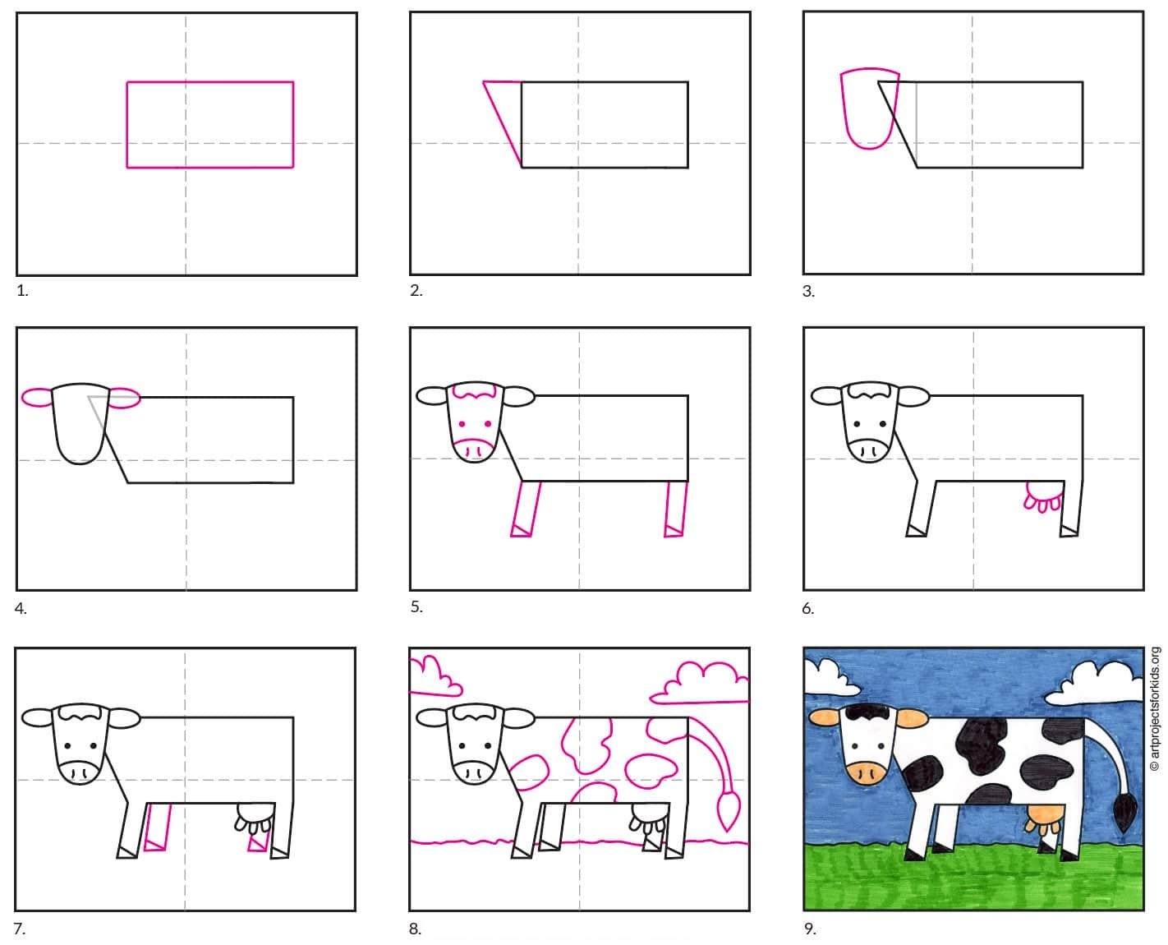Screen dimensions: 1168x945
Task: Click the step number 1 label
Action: (x=22, y=291)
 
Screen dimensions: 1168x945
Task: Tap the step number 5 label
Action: (x=416, y=606)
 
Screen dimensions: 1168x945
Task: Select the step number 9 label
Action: (x=810, y=929)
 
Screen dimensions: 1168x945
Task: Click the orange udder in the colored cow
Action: (x=1046, y=818)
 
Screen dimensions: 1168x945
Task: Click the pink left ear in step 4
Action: (x=37, y=397)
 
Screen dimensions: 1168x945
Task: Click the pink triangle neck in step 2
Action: (x=502, y=124)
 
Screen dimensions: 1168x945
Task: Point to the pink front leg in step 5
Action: (x=525, y=509)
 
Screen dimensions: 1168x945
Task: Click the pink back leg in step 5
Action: (x=675, y=509)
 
